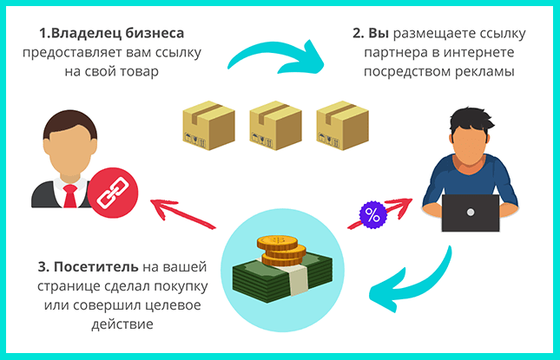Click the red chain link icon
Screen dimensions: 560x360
(113, 193)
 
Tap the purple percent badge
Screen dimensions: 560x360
(372, 215)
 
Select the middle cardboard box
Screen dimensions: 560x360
(275, 125)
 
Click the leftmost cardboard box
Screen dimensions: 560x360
(208, 125)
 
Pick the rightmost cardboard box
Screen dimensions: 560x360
(342, 125)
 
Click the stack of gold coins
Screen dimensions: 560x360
(281, 251)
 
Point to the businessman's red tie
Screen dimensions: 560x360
(70, 196)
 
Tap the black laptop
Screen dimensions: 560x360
(471, 213)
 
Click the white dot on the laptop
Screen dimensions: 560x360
(471, 213)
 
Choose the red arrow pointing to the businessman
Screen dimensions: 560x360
(182, 213)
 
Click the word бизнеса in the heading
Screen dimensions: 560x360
(155, 33)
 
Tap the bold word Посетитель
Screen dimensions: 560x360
(96, 266)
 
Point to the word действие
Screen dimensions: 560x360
(122, 324)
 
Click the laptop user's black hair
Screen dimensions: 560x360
(471, 121)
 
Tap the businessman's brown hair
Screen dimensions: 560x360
(70, 123)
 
